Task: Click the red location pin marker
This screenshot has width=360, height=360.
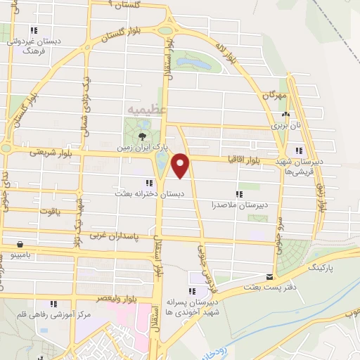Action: (x=181, y=165)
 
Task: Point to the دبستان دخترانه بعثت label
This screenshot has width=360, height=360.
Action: (x=150, y=192)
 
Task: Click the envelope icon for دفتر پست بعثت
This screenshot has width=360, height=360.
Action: (x=269, y=277)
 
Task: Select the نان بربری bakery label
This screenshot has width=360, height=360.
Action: (x=285, y=124)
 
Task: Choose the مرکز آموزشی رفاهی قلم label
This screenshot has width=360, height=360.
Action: (x=55, y=314)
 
